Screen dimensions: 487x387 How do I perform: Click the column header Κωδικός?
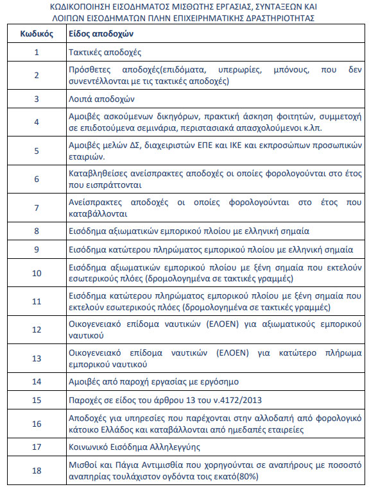36,33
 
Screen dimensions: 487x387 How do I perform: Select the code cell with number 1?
36,51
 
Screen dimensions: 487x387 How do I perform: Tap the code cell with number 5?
36,151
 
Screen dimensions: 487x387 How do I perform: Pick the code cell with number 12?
36,330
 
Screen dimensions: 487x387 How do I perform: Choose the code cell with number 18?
36,470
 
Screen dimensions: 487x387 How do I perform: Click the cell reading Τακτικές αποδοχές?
105,51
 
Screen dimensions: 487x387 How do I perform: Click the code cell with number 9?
36,249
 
